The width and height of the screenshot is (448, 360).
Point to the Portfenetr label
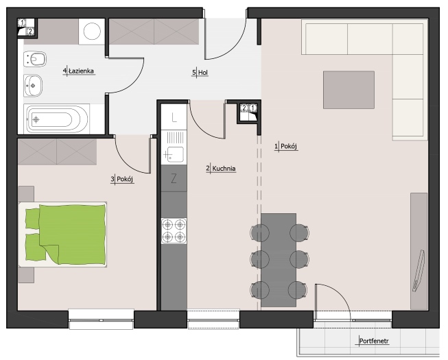[374, 341]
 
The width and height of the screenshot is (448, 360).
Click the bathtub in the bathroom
[57, 119]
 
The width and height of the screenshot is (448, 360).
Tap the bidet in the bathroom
[34, 60]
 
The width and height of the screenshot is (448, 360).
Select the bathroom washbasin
[33, 85]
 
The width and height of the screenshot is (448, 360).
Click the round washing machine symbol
[92, 32]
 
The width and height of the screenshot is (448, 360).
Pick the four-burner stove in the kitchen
[174, 230]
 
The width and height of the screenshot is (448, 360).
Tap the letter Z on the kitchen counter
[174, 179]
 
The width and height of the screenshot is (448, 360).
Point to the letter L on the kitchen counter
[174, 117]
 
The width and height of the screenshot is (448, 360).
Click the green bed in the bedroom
[63, 235]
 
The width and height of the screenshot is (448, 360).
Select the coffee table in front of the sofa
[349, 90]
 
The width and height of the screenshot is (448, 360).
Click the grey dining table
[279, 260]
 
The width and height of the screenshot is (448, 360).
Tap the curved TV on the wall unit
[419, 271]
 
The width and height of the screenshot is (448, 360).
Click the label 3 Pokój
[122, 179]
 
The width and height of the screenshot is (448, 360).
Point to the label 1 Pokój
[286, 147]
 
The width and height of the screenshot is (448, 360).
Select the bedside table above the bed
[26, 194]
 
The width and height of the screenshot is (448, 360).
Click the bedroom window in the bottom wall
[101, 319]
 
